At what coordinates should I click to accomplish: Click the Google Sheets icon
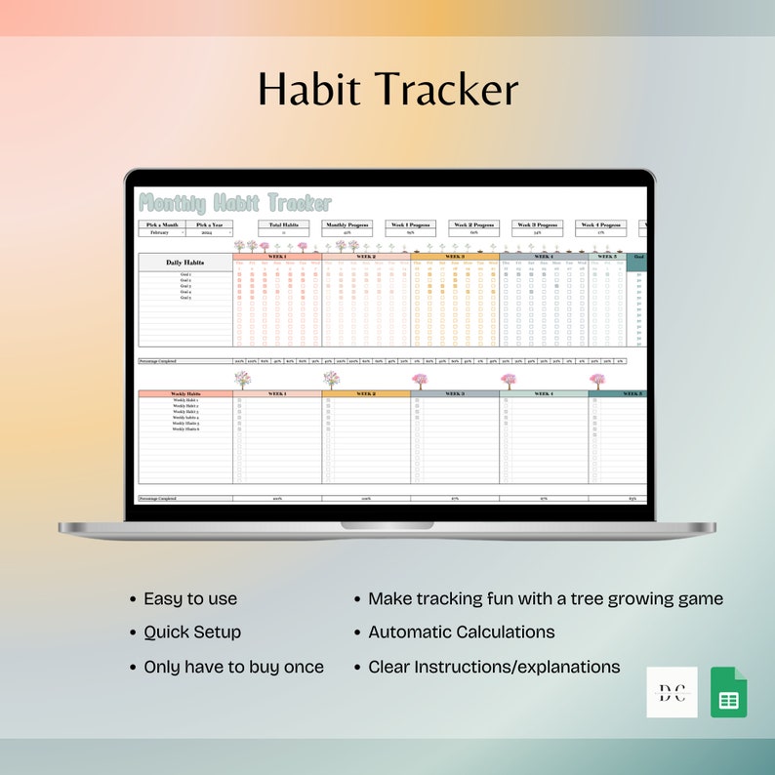(x=728, y=692)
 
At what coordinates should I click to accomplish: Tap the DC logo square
(x=672, y=692)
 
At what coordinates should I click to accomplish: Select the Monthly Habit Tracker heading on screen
(x=235, y=203)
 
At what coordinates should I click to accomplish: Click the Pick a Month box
(x=161, y=228)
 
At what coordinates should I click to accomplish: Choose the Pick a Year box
(x=209, y=228)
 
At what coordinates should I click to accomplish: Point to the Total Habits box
(x=283, y=228)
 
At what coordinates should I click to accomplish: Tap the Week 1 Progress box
(x=411, y=228)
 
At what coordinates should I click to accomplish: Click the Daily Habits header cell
(x=185, y=263)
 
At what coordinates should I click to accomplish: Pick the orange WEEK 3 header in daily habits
(x=455, y=257)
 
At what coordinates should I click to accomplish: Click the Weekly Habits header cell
(x=185, y=394)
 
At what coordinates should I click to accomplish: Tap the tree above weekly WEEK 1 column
(x=242, y=380)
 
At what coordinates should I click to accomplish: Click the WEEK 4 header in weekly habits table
(x=544, y=394)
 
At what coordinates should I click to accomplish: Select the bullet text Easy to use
(x=190, y=599)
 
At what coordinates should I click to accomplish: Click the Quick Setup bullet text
(x=192, y=632)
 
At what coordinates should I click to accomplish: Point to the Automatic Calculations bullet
(x=461, y=632)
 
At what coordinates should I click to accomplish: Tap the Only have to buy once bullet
(x=233, y=667)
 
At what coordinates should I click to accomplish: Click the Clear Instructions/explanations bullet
(x=494, y=667)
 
